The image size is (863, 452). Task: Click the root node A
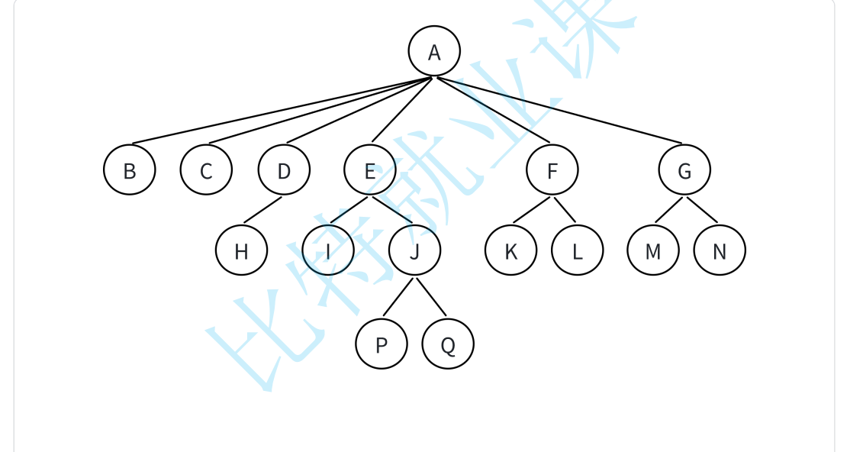point(434,52)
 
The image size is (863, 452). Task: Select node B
point(130,169)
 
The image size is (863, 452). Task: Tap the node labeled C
point(206,169)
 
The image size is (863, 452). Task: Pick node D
point(284,169)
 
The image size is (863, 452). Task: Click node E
point(370,169)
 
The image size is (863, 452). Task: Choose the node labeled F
point(552,169)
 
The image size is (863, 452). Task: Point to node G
point(684,169)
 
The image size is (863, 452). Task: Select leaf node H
point(241,250)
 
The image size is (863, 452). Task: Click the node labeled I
point(328,250)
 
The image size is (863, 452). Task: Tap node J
point(414,250)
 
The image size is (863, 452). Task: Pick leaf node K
point(511,250)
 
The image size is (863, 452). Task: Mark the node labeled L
point(578,250)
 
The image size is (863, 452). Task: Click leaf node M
point(653,250)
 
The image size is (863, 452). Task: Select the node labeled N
point(720,250)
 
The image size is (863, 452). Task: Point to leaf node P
point(382,344)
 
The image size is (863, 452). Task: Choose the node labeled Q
point(448,344)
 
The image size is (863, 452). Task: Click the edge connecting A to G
point(559,110)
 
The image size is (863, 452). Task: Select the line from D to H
point(262,210)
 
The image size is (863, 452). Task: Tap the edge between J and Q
point(431,298)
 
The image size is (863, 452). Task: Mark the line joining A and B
point(282,110)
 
